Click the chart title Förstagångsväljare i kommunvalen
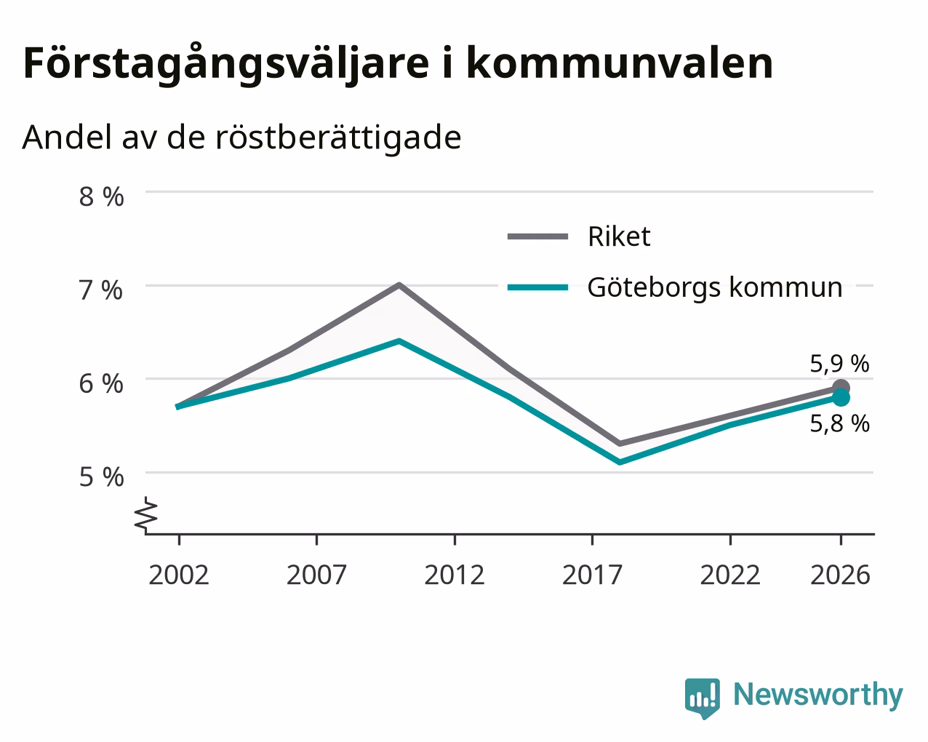[398, 64]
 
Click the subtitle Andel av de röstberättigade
[241, 138]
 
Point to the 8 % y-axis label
[101, 196]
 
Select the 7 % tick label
[101, 290]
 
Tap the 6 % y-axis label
[101, 383]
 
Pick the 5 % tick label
[101, 477]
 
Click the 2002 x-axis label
[179, 575]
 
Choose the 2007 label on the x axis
[316, 575]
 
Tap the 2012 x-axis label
[455, 575]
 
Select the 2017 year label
[592, 575]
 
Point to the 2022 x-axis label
[730, 575]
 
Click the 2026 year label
[841, 575]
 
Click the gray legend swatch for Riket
[537, 236]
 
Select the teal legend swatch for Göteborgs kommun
[537, 287]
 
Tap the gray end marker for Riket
[841, 387]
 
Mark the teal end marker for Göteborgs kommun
[841, 398]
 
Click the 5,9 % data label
[839, 364]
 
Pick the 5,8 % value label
[839, 423]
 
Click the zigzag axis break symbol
[146, 514]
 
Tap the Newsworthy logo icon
[703, 698]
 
